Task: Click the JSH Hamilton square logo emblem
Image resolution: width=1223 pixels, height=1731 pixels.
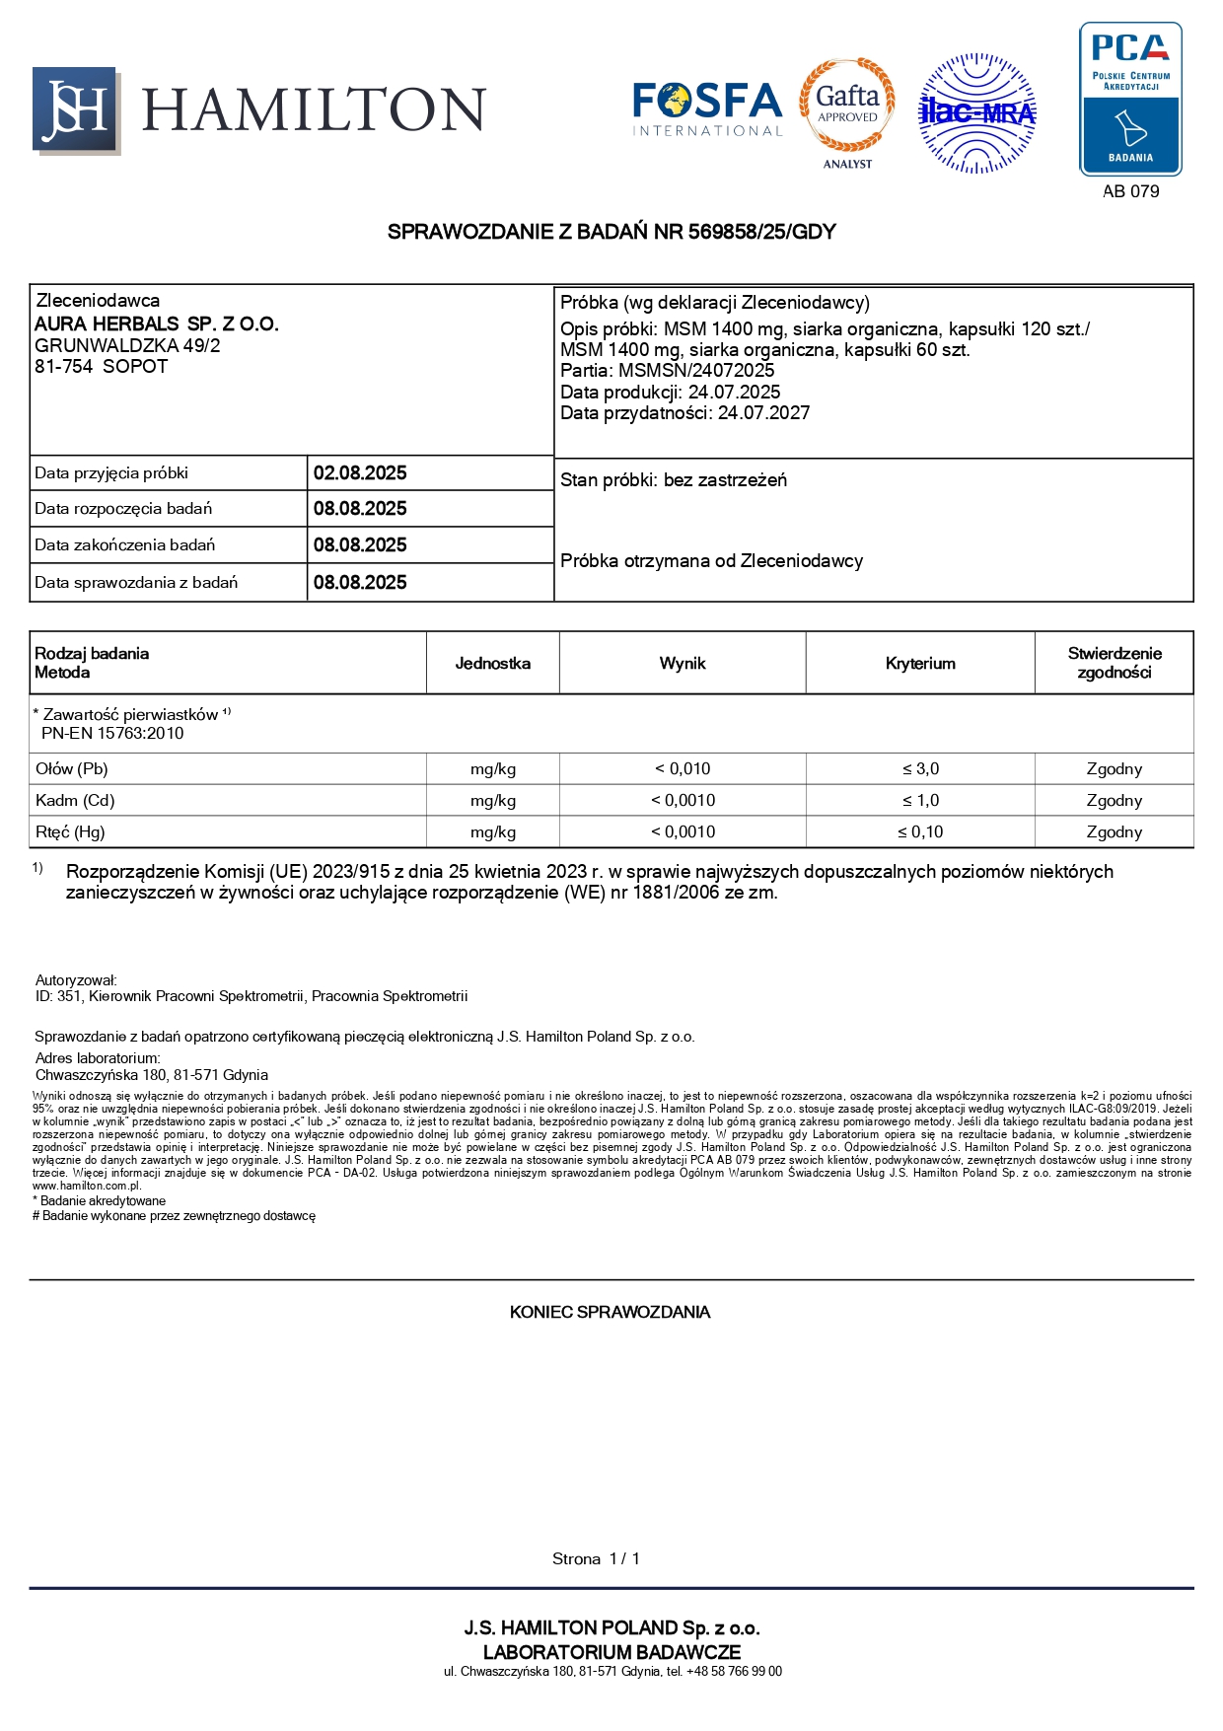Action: [x=76, y=110]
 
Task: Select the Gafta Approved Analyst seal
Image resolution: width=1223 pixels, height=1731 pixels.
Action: [x=847, y=109]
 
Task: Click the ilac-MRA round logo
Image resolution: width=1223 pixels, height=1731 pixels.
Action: [x=976, y=113]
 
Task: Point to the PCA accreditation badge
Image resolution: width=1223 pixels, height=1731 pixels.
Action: [x=1130, y=99]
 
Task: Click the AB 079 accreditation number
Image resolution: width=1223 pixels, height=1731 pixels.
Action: [x=1130, y=191]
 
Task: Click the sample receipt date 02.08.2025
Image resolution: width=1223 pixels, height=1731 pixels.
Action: [x=360, y=473]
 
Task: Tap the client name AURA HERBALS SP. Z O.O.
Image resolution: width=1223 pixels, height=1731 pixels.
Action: [x=157, y=325]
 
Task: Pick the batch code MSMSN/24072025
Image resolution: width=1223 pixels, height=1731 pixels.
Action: [x=696, y=371]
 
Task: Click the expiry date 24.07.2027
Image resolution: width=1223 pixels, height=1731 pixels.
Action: [x=763, y=413]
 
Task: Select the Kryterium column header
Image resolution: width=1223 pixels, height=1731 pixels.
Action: [x=920, y=664]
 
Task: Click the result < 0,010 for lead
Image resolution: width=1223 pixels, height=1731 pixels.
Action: [x=683, y=769]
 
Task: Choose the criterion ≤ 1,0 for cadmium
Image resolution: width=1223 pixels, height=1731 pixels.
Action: [x=920, y=801]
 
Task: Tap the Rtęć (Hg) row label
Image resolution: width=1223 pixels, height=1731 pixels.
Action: [x=70, y=832]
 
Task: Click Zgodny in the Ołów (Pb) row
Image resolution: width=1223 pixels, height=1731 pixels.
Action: [x=1114, y=769]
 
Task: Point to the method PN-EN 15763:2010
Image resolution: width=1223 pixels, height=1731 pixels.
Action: [x=112, y=734]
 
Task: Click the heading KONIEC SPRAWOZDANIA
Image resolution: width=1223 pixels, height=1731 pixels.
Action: [x=610, y=1312]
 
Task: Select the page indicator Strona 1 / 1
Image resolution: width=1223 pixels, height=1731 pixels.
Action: [x=596, y=1558]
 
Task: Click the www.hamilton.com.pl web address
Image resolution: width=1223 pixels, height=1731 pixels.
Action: [x=87, y=1186]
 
